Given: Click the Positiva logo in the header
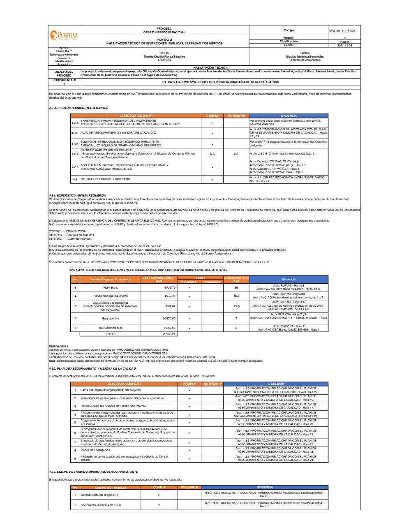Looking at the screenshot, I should (64, 36).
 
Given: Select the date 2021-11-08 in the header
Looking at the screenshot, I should (344, 45).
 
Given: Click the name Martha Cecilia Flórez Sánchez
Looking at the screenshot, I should (164, 56).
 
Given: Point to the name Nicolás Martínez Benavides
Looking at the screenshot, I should (305, 56).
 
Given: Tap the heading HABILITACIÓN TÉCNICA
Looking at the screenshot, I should (210, 67).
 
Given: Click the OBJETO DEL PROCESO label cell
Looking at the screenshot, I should (64, 74).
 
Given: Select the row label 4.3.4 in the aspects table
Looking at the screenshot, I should (75, 154).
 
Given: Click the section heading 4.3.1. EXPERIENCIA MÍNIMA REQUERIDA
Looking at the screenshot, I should (77, 195).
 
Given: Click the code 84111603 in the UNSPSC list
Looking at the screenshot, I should (55, 238).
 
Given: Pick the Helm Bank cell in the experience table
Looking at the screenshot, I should (110, 287).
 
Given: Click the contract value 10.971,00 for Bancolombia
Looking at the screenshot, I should (169, 318).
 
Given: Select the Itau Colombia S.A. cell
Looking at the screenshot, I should (110, 328).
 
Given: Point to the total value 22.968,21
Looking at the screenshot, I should (169, 334).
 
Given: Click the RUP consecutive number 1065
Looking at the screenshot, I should (236, 306).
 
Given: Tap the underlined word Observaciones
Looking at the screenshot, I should (58, 346).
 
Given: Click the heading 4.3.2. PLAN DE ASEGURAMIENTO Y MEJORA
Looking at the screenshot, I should (92, 368).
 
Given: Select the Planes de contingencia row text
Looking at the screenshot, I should (95, 450).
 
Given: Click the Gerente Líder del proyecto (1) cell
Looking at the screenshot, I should (100, 495).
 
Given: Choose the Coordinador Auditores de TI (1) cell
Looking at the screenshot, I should (101, 505).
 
